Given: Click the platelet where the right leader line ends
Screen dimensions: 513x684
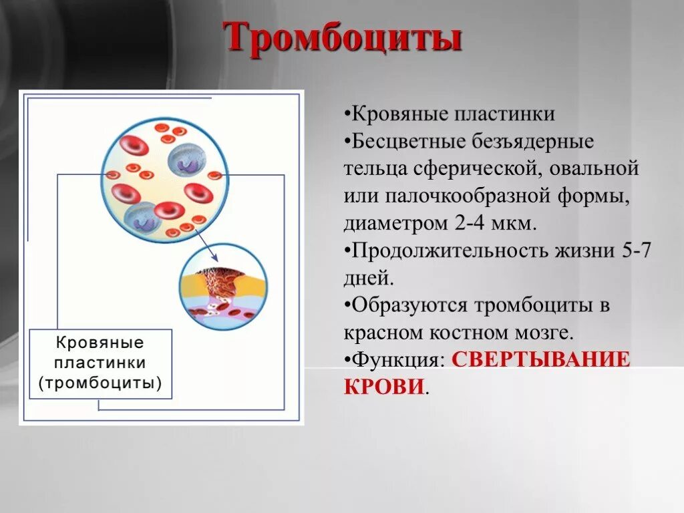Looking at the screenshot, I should point(214,176).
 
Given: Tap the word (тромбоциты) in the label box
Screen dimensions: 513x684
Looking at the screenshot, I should point(100,383).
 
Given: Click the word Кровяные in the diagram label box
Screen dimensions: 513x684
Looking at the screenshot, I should point(100,343).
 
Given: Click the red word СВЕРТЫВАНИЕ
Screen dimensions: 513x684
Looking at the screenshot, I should point(541,360).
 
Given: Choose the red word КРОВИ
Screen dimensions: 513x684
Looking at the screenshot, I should point(384,387).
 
